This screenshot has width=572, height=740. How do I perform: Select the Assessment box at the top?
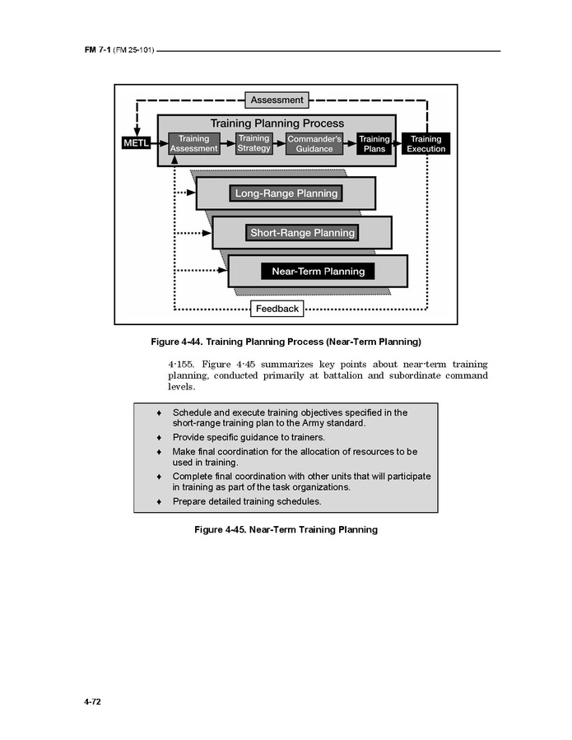[x=277, y=100]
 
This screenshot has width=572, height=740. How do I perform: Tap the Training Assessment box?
[x=193, y=144]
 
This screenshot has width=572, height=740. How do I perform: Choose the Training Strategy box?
[x=253, y=143]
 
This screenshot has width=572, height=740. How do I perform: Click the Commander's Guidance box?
[x=314, y=144]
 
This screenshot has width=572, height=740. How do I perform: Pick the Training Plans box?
[x=374, y=144]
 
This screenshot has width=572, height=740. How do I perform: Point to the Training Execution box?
[x=426, y=144]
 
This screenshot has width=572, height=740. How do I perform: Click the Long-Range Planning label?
[x=286, y=193]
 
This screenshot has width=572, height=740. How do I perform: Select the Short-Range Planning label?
[x=302, y=233]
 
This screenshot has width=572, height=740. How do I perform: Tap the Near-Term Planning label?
[x=318, y=271]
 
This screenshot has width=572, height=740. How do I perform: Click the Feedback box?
[x=277, y=309]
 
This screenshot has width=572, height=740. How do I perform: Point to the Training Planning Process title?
[x=277, y=123]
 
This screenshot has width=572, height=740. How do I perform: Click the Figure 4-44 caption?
[x=285, y=341]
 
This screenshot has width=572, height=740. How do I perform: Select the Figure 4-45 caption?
[x=286, y=529]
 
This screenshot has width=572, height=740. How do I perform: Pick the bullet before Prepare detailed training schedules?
[x=159, y=501]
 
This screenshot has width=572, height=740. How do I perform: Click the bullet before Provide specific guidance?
[x=159, y=437]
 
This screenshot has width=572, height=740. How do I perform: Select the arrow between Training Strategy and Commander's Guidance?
[x=279, y=143]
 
